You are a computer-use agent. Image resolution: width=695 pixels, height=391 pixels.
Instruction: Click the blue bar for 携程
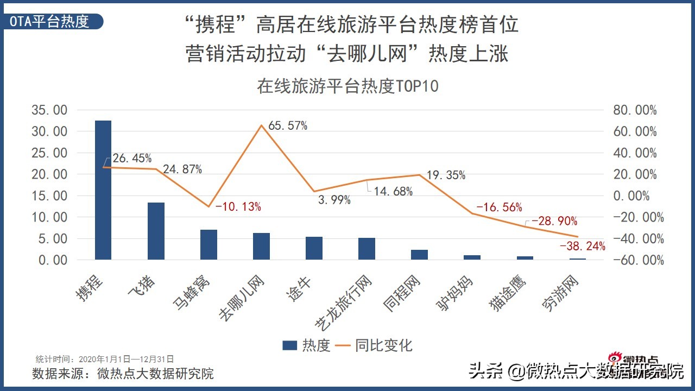click(x=103, y=190)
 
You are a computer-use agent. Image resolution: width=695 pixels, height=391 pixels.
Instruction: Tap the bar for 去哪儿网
click(x=261, y=246)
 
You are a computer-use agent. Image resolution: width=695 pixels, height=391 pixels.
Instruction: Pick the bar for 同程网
click(x=419, y=254)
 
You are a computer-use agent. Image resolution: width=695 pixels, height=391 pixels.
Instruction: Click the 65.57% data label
click(x=288, y=126)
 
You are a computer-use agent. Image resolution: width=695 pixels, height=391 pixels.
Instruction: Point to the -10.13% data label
click(x=238, y=206)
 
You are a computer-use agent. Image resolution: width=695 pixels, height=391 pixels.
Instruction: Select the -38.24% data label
click(x=582, y=247)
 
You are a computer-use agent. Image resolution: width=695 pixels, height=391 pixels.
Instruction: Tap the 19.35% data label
click(x=446, y=175)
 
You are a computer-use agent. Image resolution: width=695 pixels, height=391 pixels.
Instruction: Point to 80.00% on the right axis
click(x=635, y=110)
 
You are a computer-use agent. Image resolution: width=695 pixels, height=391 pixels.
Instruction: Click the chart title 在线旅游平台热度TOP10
click(x=347, y=86)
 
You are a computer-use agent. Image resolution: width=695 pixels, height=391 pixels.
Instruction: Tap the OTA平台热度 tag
click(x=50, y=21)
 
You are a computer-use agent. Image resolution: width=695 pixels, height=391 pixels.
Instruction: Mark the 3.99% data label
click(x=334, y=200)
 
